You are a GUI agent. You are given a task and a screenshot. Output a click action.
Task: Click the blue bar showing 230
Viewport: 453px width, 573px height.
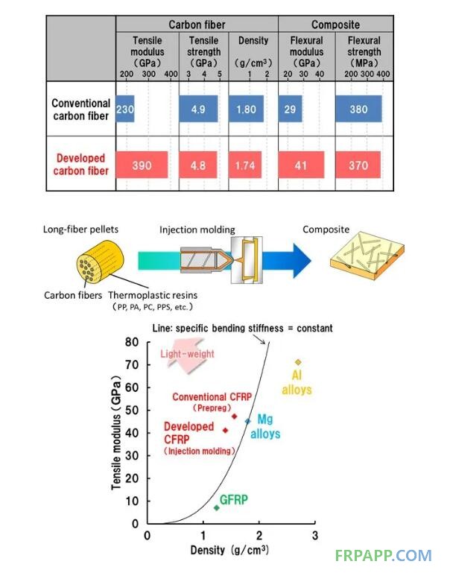click(125, 109)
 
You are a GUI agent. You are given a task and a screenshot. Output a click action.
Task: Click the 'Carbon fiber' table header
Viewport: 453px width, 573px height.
click(197, 25)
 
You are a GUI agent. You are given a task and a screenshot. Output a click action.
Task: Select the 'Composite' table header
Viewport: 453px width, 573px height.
click(335, 25)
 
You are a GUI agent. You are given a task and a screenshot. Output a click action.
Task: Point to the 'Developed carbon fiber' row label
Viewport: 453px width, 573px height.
click(80, 165)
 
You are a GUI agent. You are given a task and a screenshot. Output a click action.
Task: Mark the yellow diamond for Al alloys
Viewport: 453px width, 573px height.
click(298, 362)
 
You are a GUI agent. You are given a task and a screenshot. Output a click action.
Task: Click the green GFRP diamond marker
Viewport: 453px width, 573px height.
click(217, 507)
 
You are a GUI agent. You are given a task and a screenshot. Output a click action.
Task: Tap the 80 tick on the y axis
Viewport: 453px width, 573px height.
click(135, 342)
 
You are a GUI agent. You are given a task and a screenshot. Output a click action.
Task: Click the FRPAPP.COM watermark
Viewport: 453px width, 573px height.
click(383, 555)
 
